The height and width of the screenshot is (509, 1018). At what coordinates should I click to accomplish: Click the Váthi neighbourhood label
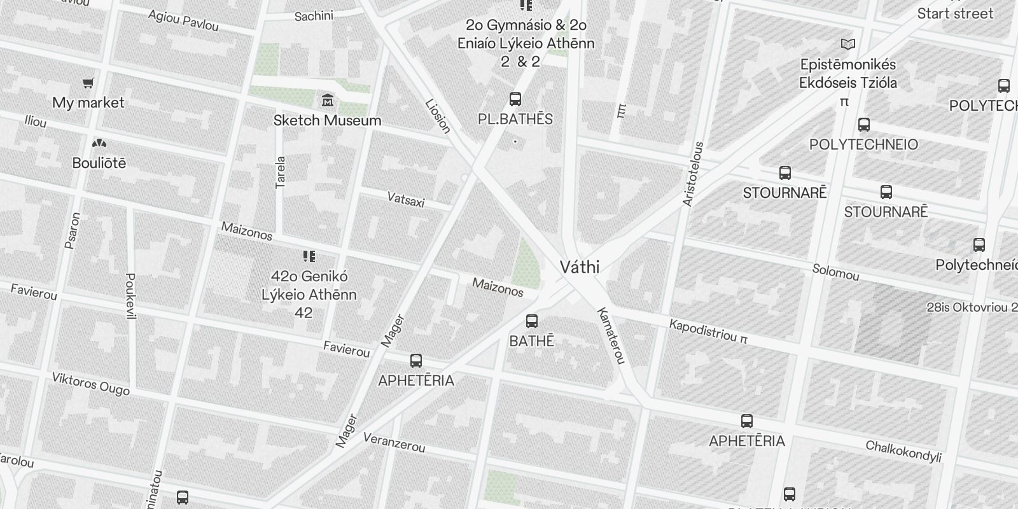pos(580,267)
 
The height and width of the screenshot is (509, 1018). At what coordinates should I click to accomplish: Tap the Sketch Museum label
pos(327,120)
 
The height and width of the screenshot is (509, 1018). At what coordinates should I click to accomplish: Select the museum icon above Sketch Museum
pos(328,100)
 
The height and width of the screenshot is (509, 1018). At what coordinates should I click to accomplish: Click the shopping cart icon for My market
pos(88,83)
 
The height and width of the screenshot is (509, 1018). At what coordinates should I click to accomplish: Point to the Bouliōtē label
pos(99,164)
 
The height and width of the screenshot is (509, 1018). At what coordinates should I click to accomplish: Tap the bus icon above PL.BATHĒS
pos(515,99)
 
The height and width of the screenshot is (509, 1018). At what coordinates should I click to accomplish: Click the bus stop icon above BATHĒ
pos(532,321)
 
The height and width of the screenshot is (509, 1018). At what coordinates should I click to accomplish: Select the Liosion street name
pos(438,116)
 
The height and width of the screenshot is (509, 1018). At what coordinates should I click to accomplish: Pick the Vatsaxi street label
pos(406,200)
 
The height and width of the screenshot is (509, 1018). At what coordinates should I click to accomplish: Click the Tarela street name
pos(281,172)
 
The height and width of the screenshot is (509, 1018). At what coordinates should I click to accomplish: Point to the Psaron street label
pos(73,230)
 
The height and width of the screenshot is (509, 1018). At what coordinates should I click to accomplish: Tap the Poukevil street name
pos(131,296)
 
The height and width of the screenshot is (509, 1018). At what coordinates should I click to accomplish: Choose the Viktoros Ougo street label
pos(91,384)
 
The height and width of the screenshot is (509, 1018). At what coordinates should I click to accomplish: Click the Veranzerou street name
pos(394,442)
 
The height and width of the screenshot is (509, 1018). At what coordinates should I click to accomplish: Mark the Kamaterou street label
pos(611,336)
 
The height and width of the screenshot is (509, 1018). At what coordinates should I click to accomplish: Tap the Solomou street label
pos(835,272)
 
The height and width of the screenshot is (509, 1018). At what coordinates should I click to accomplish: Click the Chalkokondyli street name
pos(903,451)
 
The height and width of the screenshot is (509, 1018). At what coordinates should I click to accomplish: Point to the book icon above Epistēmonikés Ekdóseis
pos(847,44)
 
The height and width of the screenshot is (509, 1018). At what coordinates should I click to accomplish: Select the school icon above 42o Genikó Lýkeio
pos(309,256)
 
